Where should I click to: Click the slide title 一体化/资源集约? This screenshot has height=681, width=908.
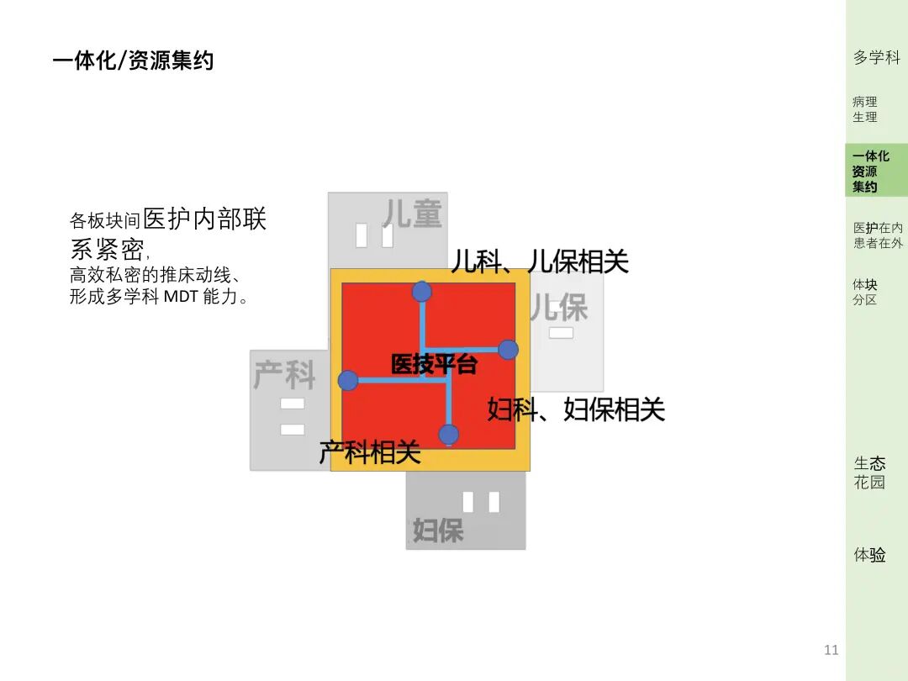coord(133,61)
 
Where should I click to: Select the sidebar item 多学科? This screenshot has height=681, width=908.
coord(876,57)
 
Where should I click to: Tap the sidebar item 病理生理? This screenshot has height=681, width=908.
coord(865,109)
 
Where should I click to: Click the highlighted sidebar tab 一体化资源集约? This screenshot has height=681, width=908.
coord(871,172)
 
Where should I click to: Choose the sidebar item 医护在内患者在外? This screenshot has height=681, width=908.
coord(878,235)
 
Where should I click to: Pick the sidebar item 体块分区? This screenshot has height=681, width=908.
coord(865,292)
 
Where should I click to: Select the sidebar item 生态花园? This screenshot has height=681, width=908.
coord(870,472)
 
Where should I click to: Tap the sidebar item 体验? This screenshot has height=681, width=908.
coord(870,555)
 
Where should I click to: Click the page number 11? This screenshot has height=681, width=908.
coord(831,650)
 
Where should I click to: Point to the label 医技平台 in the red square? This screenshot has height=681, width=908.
coord(434,365)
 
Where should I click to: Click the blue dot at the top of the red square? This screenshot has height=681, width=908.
coord(422,292)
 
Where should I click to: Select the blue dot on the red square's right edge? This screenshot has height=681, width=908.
coord(508,350)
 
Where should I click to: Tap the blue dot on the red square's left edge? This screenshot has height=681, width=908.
coord(348,381)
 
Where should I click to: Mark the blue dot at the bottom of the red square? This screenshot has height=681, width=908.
coord(449,435)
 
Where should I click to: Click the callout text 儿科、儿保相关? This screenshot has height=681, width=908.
coord(540,261)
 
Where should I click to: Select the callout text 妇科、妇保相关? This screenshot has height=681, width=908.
coord(576,409)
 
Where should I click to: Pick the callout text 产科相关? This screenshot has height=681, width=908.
coord(370,453)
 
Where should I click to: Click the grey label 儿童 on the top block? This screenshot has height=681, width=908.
coord(412,214)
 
